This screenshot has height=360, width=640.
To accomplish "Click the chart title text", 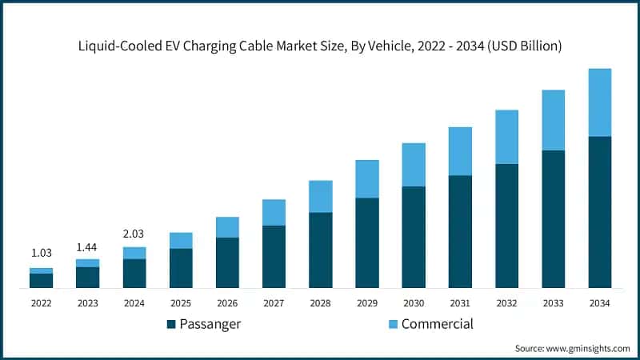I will (320, 46).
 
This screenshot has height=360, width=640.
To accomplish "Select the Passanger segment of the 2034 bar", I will (600, 212).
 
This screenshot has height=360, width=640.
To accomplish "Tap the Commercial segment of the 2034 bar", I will (600, 102).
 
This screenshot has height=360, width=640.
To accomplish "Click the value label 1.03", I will (41, 253).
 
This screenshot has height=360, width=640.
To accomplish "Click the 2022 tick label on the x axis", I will (41, 303).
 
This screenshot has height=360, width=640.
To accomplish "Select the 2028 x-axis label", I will (320, 303).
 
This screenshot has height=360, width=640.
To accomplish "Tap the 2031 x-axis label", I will (460, 303).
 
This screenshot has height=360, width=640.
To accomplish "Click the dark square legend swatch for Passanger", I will (171, 324).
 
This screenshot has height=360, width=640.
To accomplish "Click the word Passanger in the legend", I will (210, 324).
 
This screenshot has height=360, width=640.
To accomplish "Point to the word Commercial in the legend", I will (437, 324).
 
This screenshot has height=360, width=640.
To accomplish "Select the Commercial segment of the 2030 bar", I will (414, 165).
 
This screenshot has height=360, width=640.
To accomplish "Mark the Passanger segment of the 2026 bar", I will (227, 262).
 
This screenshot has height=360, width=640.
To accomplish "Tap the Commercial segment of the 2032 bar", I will (506, 137).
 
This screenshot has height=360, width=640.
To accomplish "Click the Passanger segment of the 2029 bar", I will (367, 242).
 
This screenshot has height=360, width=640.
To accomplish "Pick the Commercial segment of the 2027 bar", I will (274, 212).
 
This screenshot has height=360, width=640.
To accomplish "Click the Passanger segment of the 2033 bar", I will (554, 218).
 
